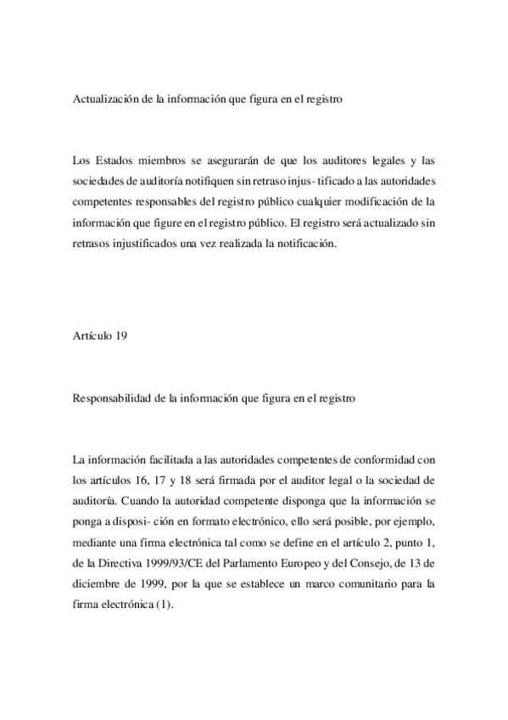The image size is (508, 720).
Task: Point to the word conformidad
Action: [382, 460]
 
